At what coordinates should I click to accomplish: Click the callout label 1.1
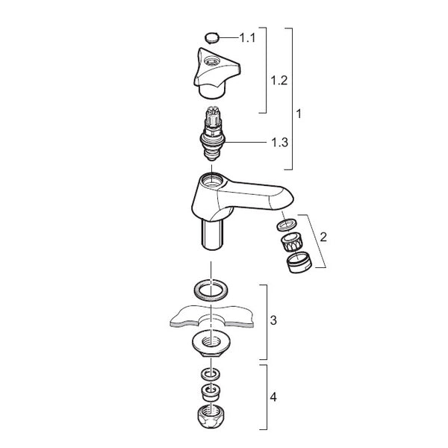pos(247,38)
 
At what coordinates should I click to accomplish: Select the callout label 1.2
pos(279,81)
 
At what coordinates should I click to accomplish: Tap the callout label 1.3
pos(279,142)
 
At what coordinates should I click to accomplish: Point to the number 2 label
pos(323,237)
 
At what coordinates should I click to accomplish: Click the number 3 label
pos(273,320)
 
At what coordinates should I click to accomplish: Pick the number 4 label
pos(273,397)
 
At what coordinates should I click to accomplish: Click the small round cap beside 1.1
pos(211,38)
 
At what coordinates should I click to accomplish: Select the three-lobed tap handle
pos(217,73)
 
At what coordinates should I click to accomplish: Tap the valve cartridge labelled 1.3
pos(212,134)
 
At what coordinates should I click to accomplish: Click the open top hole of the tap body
pos(212,180)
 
